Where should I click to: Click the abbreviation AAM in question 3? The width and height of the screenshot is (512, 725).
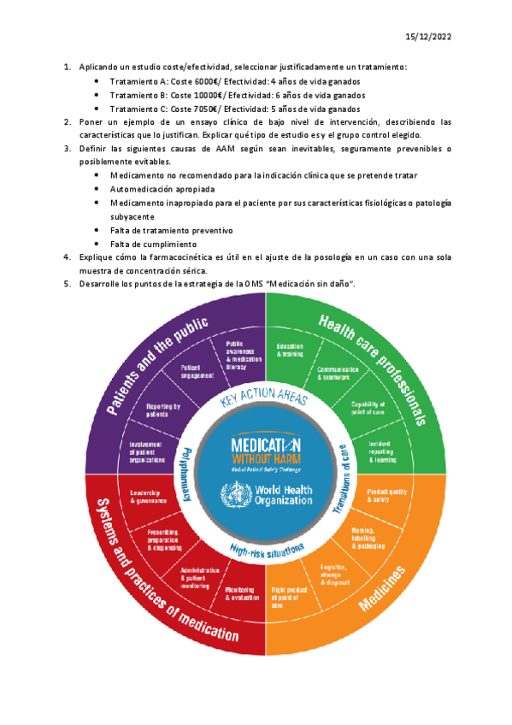pyautogui.click(x=205, y=148)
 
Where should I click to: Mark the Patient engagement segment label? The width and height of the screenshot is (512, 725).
pyautogui.click(x=196, y=371)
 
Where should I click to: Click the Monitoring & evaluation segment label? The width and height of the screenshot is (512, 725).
pyautogui.click(x=241, y=592)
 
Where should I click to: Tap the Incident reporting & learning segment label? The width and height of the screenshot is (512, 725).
pyautogui.click(x=383, y=451)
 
